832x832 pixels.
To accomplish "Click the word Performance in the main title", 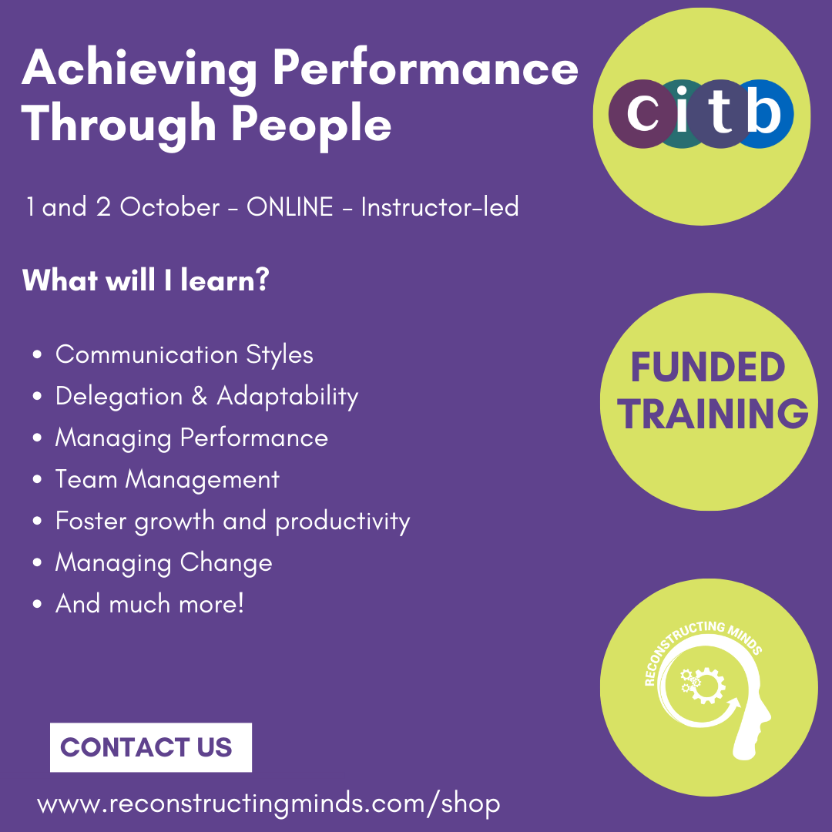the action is point(425,67).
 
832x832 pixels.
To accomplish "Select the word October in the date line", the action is point(169,207).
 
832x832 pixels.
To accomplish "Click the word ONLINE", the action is point(290,207).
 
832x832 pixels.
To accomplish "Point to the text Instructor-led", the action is point(440,207).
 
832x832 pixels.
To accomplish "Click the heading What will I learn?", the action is point(146,280).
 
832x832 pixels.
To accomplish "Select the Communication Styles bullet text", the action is point(184,355).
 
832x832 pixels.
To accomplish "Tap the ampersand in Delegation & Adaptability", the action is point(199,397).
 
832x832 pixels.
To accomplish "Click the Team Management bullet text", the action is point(167,480).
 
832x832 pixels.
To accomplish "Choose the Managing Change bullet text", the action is point(163,563).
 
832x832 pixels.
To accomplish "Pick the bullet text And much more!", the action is point(149,604).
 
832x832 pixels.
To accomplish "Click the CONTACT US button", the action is point(151,747).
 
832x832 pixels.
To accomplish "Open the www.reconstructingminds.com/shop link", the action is point(269,803).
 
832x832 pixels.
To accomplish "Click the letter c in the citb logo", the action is point(642,113).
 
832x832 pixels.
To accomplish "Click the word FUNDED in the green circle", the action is point(708,367).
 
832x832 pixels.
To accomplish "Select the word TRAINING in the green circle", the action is point(712,414).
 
